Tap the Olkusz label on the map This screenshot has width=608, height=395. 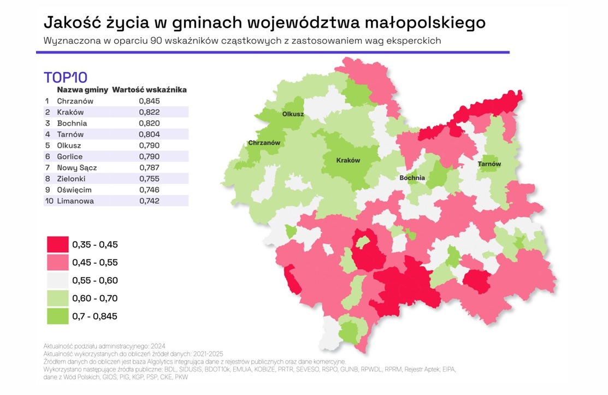(293, 114)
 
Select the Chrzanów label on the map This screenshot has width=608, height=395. (264, 143)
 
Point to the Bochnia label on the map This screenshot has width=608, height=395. (412, 178)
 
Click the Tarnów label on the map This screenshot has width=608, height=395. (489, 164)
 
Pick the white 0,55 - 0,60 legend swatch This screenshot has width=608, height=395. (57, 280)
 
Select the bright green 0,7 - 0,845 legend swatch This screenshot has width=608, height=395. (57, 316)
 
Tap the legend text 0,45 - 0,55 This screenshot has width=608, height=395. (95, 263)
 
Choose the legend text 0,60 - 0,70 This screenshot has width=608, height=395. (95, 298)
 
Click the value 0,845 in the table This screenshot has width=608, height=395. (149, 101)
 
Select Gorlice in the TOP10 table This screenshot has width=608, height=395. (70, 157)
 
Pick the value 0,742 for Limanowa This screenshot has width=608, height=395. (149, 201)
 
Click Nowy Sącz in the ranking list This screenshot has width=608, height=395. (77, 168)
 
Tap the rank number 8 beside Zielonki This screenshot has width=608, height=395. (47, 179)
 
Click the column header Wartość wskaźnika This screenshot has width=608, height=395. (150, 90)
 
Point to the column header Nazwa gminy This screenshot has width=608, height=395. (82, 90)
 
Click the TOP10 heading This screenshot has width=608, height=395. (65, 77)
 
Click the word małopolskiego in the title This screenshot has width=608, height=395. (422, 22)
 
